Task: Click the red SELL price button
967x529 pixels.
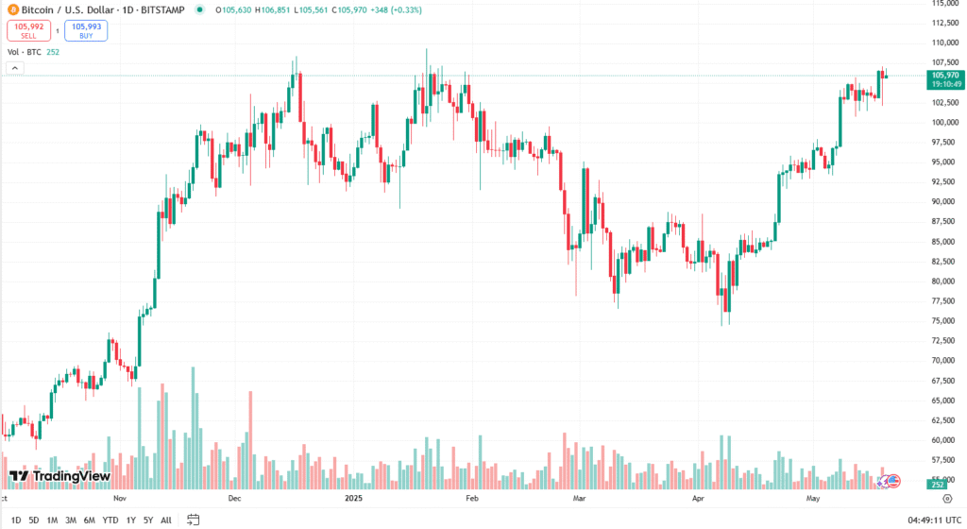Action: pos(28,30)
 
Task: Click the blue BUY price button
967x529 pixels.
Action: pos(86,30)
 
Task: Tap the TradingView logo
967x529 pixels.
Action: pos(59,476)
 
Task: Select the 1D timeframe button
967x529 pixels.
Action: pos(16,520)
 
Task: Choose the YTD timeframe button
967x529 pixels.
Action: pos(110,520)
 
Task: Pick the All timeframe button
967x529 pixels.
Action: pos(166,520)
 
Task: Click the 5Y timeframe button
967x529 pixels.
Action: pos(148,520)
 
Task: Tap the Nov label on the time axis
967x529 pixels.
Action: pos(120,497)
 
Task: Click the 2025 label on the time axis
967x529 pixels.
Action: pos(354,497)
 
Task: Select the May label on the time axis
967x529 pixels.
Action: pos(812,497)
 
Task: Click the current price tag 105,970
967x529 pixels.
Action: pos(944,75)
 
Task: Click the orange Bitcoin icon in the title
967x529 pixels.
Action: pos(12,9)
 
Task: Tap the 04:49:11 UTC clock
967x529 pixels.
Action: pos(934,520)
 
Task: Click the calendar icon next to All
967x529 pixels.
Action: pos(194,520)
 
